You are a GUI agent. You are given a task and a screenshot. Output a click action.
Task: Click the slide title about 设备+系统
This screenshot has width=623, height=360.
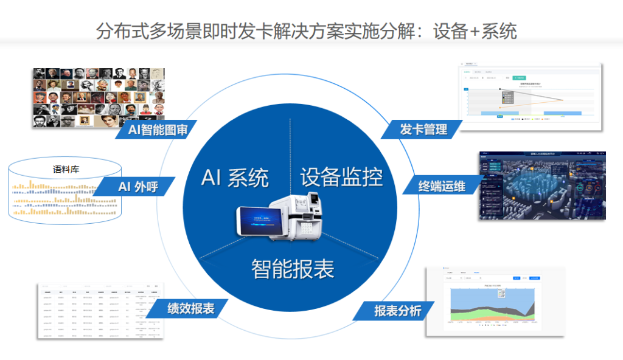(x=306, y=30)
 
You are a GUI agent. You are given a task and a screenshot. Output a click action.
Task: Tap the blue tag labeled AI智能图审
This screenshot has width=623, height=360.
(x=157, y=129)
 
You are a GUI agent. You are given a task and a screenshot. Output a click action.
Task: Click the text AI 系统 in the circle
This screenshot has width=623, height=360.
(x=234, y=178)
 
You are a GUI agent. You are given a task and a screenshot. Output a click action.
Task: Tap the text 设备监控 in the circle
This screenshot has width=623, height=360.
(x=341, y=176)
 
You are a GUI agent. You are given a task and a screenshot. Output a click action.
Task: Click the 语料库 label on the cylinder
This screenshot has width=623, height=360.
(x=66, y=170)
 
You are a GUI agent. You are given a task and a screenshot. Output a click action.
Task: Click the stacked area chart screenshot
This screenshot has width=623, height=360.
(x=495, y=301)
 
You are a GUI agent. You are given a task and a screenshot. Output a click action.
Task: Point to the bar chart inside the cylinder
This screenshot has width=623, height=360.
(x=66, y=198)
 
